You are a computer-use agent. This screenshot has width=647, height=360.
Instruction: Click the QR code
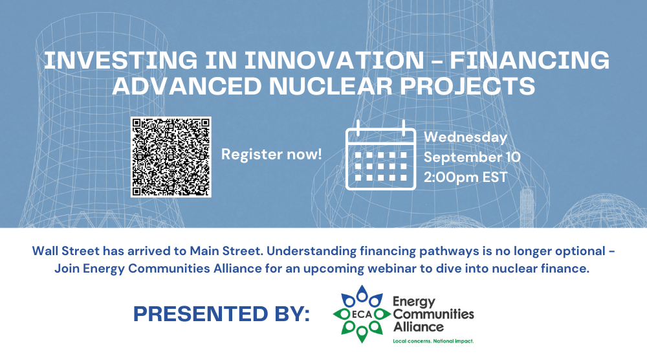[x=171, y=157]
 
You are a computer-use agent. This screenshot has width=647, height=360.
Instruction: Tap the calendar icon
[x=380, y=155]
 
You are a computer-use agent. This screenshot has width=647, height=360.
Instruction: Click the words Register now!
[x=272, y=154]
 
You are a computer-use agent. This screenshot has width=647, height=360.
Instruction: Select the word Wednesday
[x=465, y=137]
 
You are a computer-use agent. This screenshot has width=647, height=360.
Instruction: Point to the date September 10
[x=472, y=157]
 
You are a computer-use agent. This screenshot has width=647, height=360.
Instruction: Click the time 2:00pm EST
[x=465, y=177]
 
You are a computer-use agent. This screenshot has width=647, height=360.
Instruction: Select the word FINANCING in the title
[x=529, y=60]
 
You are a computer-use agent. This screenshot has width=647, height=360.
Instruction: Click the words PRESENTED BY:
[x=221, y=314]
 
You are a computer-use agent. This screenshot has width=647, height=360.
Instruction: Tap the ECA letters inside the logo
[x=362, y=315]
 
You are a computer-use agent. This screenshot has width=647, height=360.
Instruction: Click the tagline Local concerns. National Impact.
[x=433, y=341]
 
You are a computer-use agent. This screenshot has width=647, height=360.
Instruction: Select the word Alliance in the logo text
[x=419, y=327]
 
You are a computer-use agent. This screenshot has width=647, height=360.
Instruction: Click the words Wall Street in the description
[x=66, y=251]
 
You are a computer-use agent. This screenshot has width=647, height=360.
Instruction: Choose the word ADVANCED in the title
[x=187, y=86]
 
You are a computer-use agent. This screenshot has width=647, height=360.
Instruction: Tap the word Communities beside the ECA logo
[x=433, y=314]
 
